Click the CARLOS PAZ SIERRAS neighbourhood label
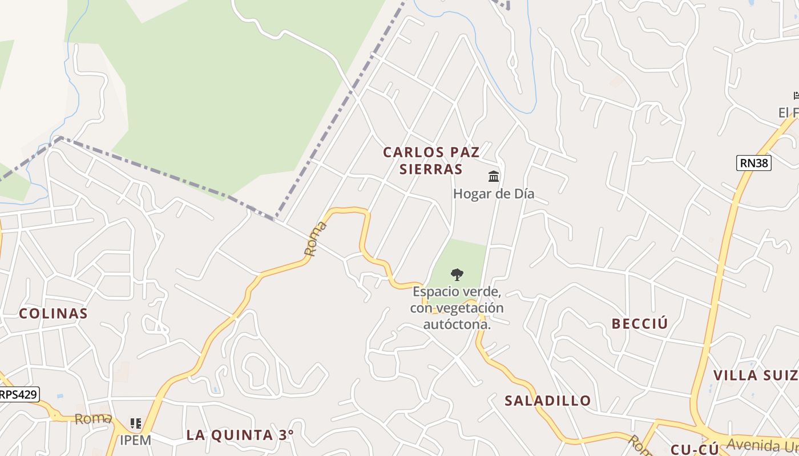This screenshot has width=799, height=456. pyautogui.click(x=431, y=161)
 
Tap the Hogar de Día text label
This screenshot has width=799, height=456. pyautogui.click(x=494, y=194)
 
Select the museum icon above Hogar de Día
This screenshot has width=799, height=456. pyautogui.click(x=494, y=176)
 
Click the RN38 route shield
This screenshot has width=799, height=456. pyautogui.click(x=754, y=163)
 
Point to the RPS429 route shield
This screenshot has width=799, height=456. pyautogui.click(x=19, y=394)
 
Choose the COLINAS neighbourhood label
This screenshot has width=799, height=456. pyautogui.click(x=53, y=313)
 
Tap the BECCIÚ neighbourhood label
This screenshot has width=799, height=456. pyautogui.click(x=639, y=324)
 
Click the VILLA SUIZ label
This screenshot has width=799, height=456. pyautogui.click(x=756, y=375)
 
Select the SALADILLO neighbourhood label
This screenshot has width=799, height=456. pyautogui.click(x=547, y=401)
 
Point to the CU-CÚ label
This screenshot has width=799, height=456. pyautogui.click(x=695, y=449)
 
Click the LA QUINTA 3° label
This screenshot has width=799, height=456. pyautogui.click(x=240, y=435)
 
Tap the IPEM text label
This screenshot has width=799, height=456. pyautogui.click(x=135, y=440)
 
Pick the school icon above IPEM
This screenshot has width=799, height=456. pyautogui.click(x=135, y=424)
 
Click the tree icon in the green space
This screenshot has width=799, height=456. pyautogui.click(x=457, y=275)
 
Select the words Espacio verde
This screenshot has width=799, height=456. pyautogui.click(x=457, y=292)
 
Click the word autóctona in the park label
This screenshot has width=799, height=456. pyautogui.click(x=457, y=325)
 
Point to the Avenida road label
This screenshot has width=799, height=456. pyautogui.click(x=762, y=445)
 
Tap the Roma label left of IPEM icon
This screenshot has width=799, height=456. pyautogui.click(x=92, y=420)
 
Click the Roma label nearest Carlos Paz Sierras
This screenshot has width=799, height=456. pyautogui.click(x=316, y=238)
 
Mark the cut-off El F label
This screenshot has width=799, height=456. pyautogui.click(x=788, y=113)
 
